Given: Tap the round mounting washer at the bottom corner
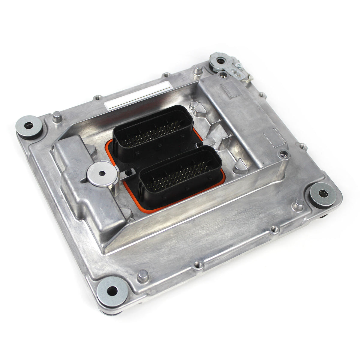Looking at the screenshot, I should click(112, 290).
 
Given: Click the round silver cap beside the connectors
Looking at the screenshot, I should click(102, 173).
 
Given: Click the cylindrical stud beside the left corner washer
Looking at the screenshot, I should click(57, 117).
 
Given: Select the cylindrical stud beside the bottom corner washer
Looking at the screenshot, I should click(142, 275).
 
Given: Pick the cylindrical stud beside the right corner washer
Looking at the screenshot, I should click(298, 205).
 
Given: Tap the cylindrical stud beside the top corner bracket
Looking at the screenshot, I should click(197, 70).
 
